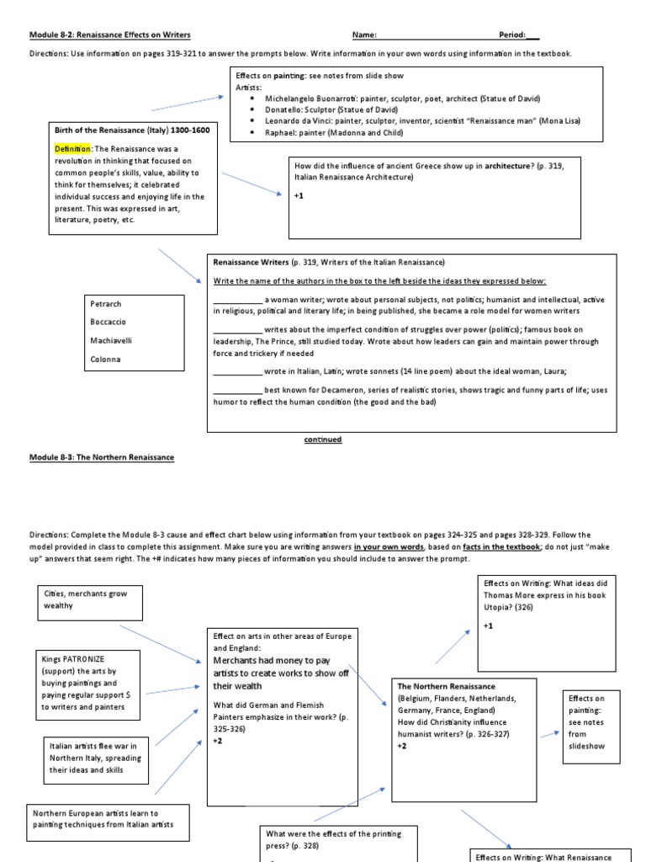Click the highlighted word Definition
(73, 148)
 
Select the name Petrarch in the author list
(106, 304)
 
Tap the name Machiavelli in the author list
(111, 340)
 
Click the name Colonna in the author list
(105, 359)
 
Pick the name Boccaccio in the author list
(109, 322)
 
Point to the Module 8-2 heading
(110, 35)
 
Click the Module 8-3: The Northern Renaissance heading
(102, 457)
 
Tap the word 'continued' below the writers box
(323, 439)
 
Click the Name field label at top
(364, 35)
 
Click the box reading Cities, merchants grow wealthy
(88, 599)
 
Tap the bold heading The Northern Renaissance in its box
(446, 686)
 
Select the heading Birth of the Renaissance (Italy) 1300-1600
(132, 130)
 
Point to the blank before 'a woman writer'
(237, 300)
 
